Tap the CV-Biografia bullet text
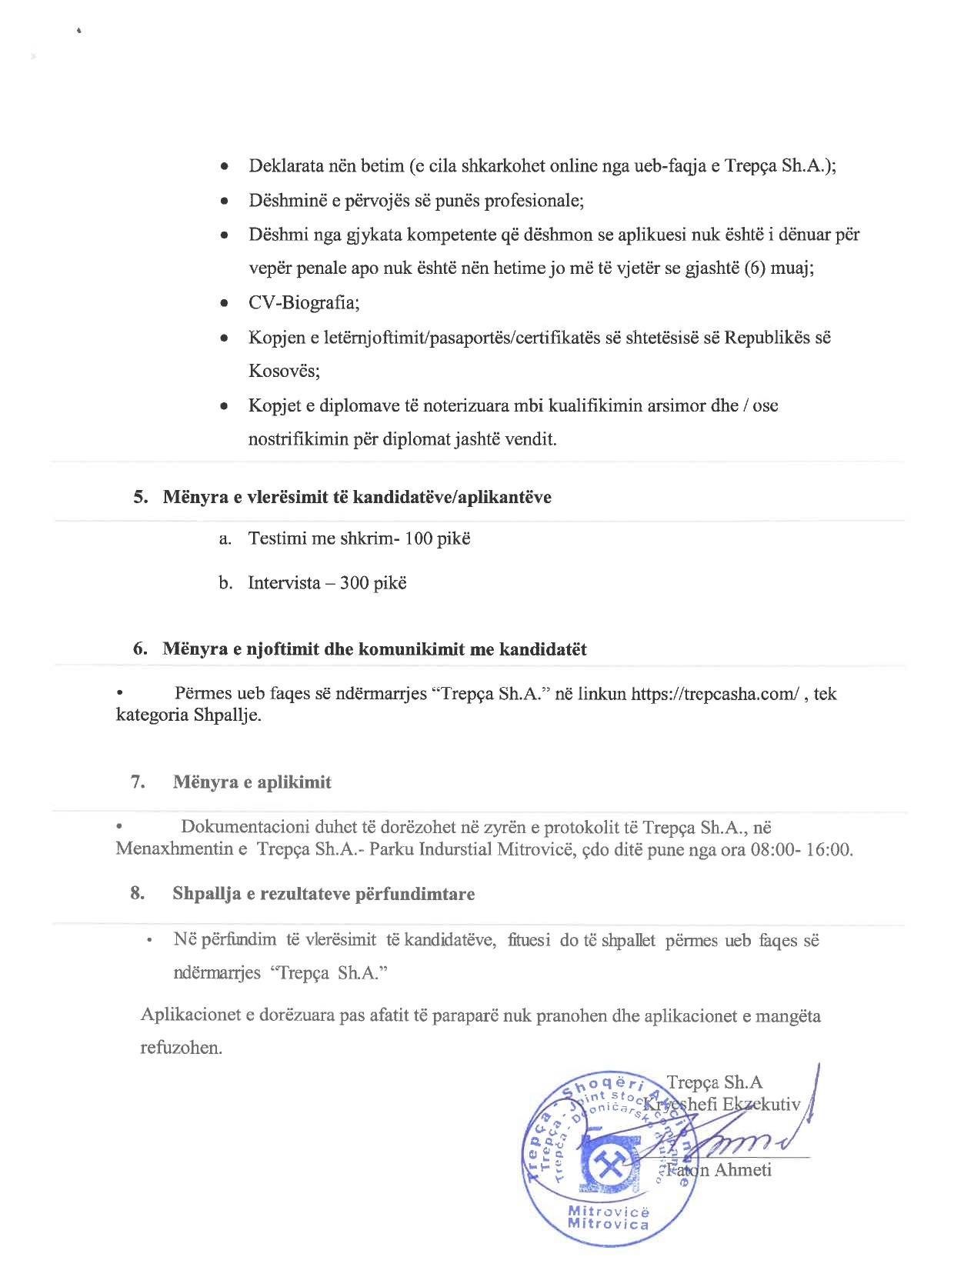(304, 302)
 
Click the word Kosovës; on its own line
(284, 371)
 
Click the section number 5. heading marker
(141, 497)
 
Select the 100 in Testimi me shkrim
(419, 538)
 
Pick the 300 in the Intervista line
(354, 583)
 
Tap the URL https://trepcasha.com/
(715, 694)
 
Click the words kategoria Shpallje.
(188, 715)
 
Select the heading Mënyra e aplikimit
(252, 782)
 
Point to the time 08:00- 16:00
(801, 850)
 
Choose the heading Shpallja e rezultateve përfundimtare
(323, 894)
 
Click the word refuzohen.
(181, 1048)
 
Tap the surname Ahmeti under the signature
(742, 1170)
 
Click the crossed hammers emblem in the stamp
(609, 1168)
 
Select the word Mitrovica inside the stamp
(608, 1224)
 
